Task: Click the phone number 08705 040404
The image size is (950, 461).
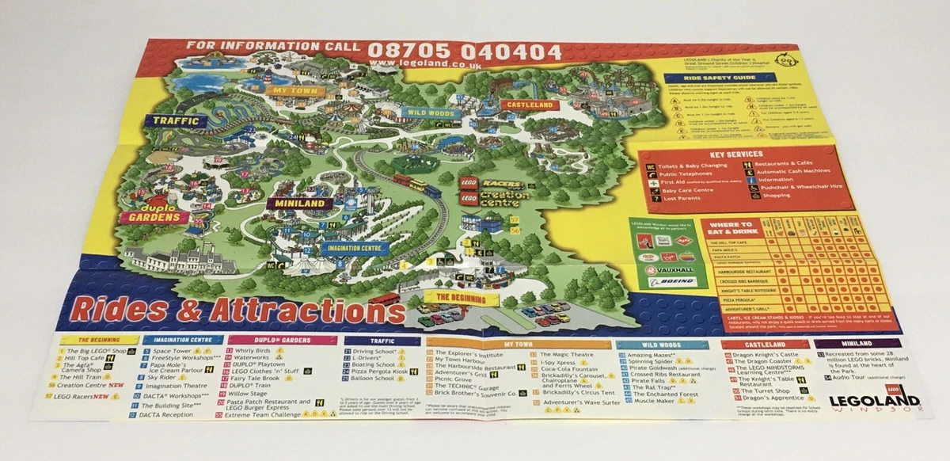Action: (464, 52)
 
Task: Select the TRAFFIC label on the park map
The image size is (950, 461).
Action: (175, 121)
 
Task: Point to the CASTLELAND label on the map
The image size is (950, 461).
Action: (529, 104)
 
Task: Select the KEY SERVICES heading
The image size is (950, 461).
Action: (736, 154)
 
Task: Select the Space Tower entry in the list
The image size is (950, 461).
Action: (172, 350)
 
